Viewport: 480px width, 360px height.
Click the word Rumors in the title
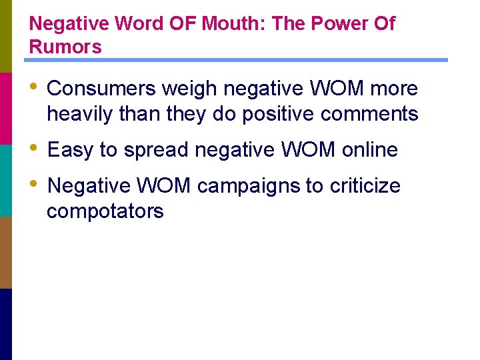point(65,47)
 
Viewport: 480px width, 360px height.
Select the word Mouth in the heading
point(226,24)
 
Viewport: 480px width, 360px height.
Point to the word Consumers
point(99,89)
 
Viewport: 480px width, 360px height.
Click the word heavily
point(80,114)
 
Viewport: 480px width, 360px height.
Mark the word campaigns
point(249,186)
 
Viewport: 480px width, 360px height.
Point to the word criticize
point(364,186)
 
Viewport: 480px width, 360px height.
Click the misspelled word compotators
point(105,211)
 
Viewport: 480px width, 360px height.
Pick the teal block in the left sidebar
point(6,180)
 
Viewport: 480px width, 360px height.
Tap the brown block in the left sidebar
point(6,252)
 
